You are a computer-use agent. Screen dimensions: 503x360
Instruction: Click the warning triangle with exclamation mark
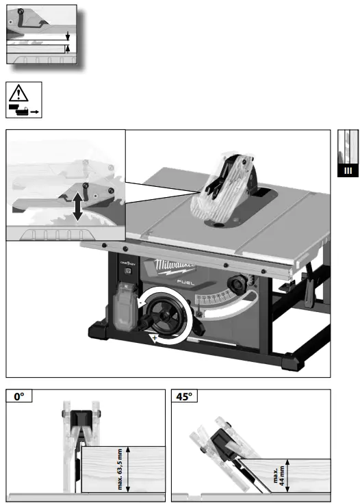(x=23, y=92)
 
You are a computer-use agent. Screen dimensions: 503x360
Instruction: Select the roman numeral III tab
(x=348, y=170)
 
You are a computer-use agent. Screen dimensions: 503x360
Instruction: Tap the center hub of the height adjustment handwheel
(x=169, y=315)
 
